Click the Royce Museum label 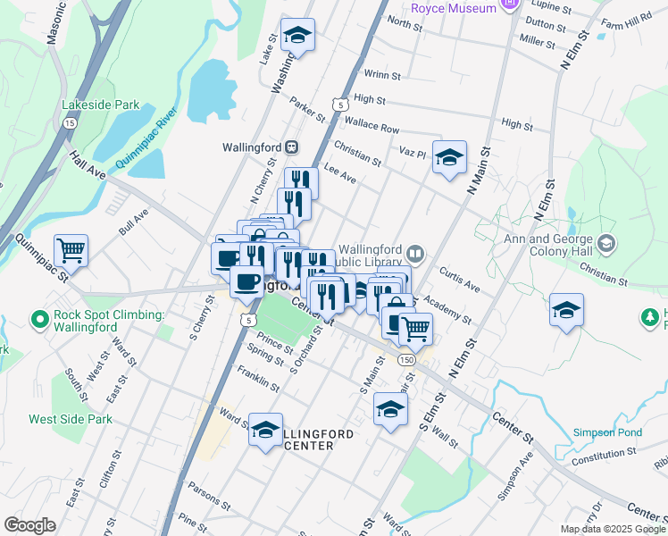click(453, 8)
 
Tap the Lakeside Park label click(100, 105)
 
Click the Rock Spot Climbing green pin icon click(39, 318)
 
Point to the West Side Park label click(71, 418)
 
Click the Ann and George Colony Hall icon click(606, 243)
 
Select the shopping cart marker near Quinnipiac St click(71, 249)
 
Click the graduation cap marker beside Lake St click(298, 36)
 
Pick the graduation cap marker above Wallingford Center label click(265, 431)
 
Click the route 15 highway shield click(70, 124)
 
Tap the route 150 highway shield click(406, 359)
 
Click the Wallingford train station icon click(291, 147)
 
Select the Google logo click(29, 525)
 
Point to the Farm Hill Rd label click(626, 24)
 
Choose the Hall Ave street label click(88, 164)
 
